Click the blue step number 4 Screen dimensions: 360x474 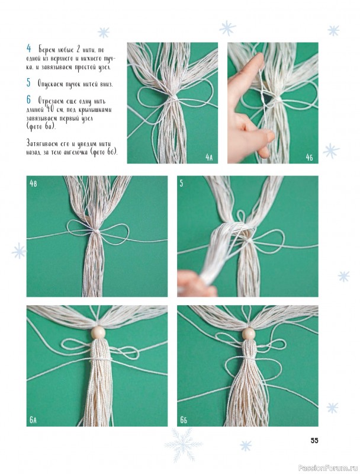pos(28,49)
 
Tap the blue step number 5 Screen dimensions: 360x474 pos(28,83)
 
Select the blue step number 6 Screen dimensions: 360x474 pos(28,100)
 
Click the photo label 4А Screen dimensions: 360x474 pos(209,157)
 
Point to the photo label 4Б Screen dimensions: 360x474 pos(309,157)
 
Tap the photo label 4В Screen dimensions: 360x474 pos(33,183)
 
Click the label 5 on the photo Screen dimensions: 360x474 pos(181,183)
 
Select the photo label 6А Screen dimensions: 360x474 pos(33,420)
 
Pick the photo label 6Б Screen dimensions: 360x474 pos(184,420)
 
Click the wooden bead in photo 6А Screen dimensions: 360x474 pos(98,332)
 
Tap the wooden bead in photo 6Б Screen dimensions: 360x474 pos(249,334)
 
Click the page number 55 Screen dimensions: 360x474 pos(314,440)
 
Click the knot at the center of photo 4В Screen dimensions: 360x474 pos(95,232)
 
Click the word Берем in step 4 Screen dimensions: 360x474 pos(46,49)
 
